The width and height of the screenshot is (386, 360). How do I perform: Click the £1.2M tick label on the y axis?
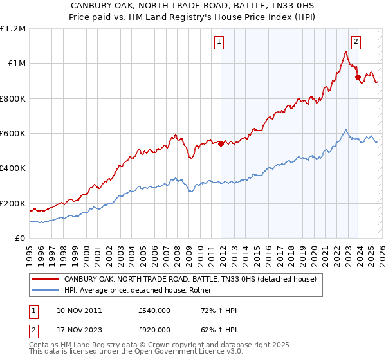pyautogui.click(x=12, y=28)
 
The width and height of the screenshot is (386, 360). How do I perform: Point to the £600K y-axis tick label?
pyautogui.click(x=12, y=134)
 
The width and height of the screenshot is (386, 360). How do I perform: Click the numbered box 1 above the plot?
pyautogui.click(x=219, y=42)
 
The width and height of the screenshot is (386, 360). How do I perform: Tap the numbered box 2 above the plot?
pyautogui.click(x=356, y=42)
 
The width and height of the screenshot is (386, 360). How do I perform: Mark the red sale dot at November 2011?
pyautogui.click(x=221, y=143)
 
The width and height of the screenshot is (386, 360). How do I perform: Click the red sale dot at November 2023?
pyautogui.click(x=358, y=77)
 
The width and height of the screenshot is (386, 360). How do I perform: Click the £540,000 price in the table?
pyautogui.click(x=154, y=310)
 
